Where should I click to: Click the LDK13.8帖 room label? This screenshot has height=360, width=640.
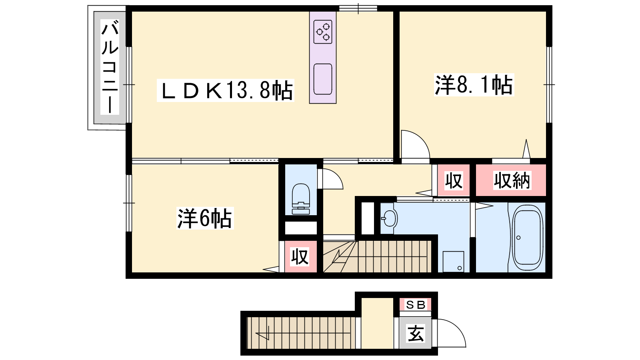226,90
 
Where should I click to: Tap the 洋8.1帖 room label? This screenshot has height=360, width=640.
474,84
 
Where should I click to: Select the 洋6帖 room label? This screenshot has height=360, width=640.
205,218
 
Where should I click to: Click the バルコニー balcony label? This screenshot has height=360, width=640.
110,67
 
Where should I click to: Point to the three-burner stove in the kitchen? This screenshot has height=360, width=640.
322,32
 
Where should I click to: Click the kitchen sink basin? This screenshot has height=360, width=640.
322,79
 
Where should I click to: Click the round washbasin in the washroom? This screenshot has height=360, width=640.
390,218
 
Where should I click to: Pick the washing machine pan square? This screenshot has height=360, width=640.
453,262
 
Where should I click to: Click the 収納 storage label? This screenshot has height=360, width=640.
512,180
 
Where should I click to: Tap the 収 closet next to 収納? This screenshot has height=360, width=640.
454,180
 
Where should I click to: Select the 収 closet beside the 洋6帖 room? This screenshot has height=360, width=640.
300,256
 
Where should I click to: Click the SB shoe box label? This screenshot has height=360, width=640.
416,305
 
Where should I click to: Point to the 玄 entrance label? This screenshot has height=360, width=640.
416,333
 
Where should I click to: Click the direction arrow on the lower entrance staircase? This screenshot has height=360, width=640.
303,333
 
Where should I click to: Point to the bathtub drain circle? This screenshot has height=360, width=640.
518,238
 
